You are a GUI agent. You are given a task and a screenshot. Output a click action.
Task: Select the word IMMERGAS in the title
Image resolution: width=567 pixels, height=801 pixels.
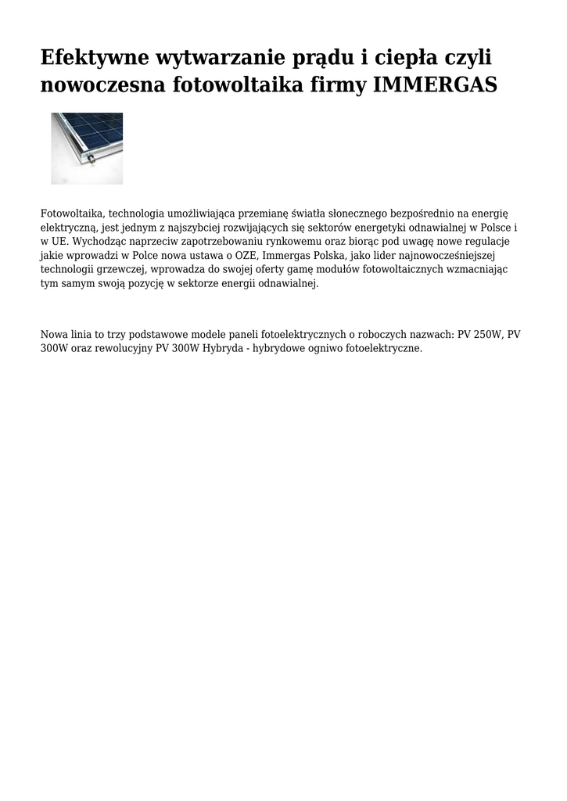click(x=436, y=85)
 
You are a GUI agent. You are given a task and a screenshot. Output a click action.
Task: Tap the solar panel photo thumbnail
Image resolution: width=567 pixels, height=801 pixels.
click(x=87, y=148)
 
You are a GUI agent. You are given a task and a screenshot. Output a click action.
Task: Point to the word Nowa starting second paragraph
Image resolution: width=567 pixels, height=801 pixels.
click(x=54, y=334)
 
